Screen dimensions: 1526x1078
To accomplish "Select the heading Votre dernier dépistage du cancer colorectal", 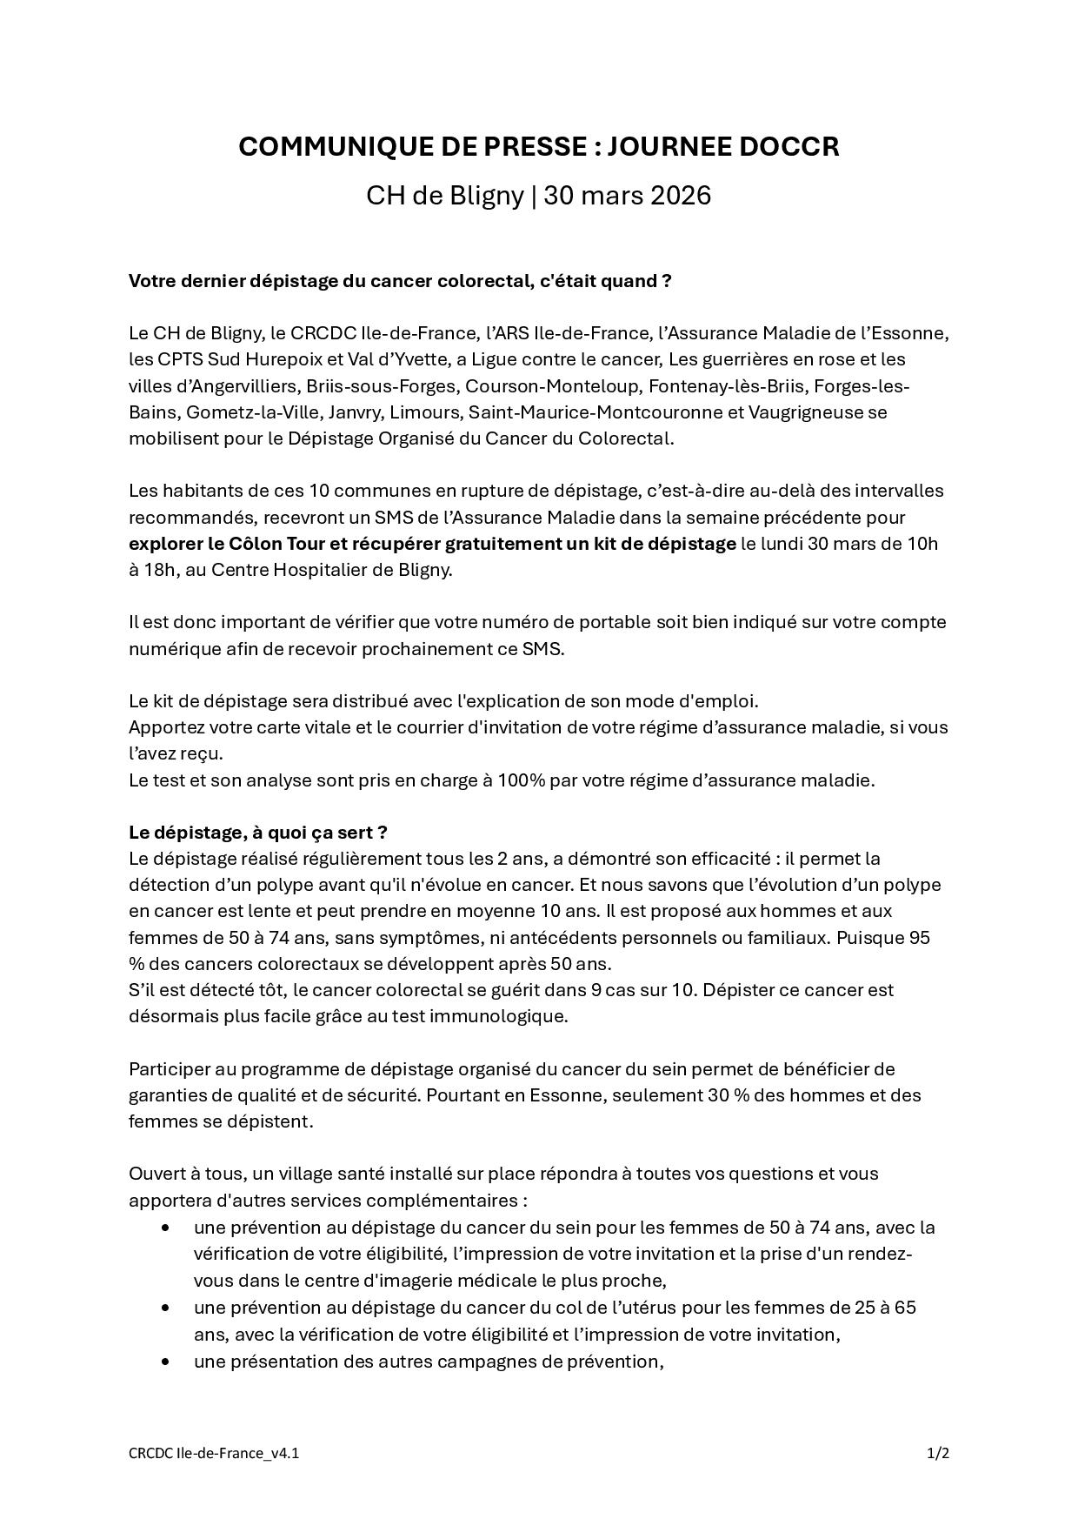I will coord(400,281).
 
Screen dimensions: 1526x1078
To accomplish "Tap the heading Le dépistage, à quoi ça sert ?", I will coord(257,832).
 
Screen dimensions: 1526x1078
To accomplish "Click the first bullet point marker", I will coord(165,1228).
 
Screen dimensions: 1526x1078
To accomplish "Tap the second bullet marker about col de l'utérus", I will coord(165,1308).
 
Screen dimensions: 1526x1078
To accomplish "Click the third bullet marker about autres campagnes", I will coord(165,1362).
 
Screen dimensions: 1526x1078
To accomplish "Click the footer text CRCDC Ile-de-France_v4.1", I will coord(214,1453).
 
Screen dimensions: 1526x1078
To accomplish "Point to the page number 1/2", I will coord(937,1453).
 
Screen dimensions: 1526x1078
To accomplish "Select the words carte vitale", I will coord(247,726).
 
